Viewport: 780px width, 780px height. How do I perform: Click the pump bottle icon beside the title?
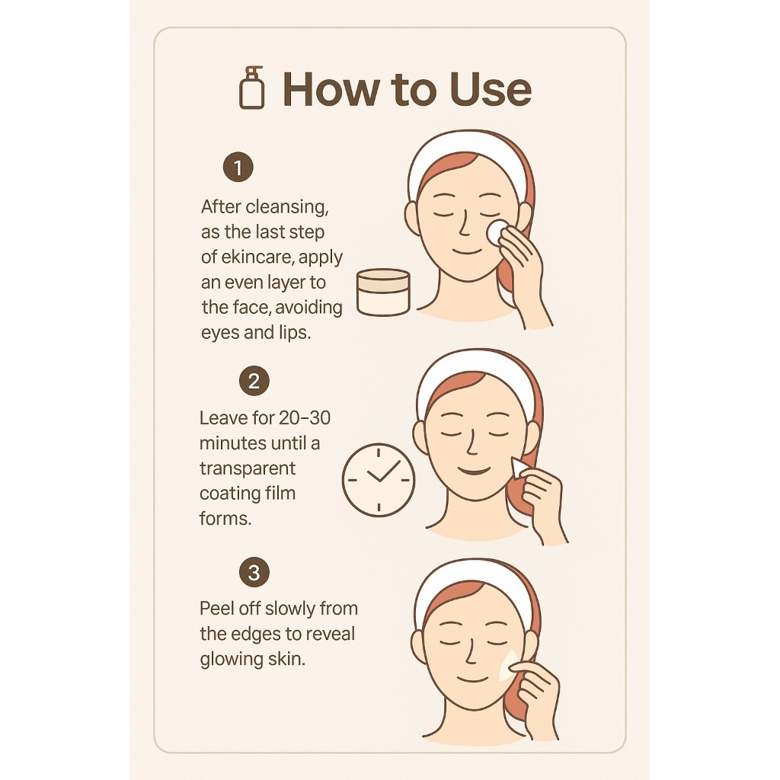tap(251, 88)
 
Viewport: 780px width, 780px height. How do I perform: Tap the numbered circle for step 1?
tap(238, 167)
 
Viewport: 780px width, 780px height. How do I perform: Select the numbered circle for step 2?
tap(254, 381)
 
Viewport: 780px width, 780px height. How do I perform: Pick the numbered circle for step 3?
tap(254, 572)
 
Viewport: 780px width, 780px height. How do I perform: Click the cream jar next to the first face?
tap(384, 292)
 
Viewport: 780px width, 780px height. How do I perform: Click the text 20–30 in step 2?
tap(305, 418)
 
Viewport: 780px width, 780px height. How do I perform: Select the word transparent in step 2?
tap(248, 469)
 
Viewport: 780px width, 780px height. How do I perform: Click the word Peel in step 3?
tap(216, 609)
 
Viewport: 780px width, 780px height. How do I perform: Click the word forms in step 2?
tap(225, 519)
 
